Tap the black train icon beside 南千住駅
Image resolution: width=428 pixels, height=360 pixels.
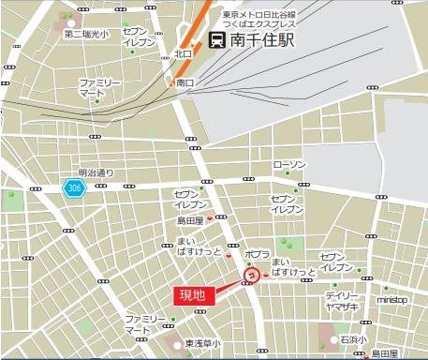(x=217, y=40)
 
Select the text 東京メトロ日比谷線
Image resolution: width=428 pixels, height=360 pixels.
(x=259, y=14)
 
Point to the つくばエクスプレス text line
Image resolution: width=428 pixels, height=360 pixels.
(x=258, y=25)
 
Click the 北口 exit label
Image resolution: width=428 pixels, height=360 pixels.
(x=183, y=53)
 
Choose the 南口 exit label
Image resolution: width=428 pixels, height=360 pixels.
(x=184, y=82)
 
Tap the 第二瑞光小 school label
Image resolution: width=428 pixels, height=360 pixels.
(x=85, y=34)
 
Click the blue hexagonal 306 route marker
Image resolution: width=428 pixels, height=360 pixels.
(x=72, y=187)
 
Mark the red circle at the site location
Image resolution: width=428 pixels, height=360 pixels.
(x=251, y=276)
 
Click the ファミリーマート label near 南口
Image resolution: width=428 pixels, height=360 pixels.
(x=100, y=89)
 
